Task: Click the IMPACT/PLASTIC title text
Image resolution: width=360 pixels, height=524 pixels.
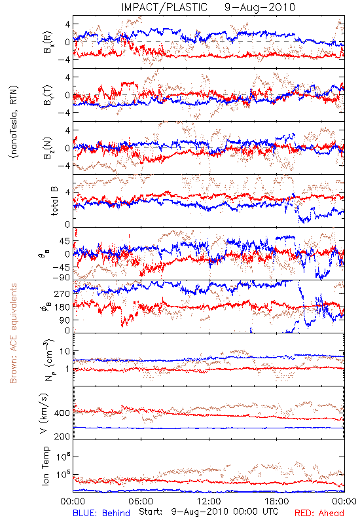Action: coord(164,7)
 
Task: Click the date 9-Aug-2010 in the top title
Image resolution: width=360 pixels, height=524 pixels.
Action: coord(260,7)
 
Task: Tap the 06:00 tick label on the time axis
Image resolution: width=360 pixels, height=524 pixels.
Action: coord(141,501)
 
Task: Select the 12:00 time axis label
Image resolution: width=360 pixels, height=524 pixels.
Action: coord(209,501)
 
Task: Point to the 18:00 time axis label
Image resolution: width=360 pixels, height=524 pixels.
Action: coord(276,501)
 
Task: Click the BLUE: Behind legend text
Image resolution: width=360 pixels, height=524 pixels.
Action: coord(101,513)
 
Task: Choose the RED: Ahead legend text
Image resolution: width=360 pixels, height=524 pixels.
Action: coord(319,513)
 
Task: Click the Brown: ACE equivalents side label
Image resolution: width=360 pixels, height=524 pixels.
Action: coord(13,333)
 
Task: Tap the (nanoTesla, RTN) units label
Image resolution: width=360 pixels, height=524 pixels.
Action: coord(14,121)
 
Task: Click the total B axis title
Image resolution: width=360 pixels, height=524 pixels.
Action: coord(54,201)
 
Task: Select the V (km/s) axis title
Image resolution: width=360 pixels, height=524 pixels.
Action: coord(44,413)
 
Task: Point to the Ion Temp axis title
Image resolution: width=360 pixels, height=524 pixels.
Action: coord(45,466)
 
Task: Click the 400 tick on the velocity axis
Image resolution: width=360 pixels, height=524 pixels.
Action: coord(62,413)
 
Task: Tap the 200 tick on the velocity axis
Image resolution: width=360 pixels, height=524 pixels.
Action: coord(62,436)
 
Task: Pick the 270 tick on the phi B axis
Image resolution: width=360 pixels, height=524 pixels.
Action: coord(62,293)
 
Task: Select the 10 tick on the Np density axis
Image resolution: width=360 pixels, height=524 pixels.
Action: coord(65,352)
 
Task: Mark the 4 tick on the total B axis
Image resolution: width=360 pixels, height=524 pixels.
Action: coord(67,193)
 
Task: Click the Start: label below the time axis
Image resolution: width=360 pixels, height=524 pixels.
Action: coord(151,512)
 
